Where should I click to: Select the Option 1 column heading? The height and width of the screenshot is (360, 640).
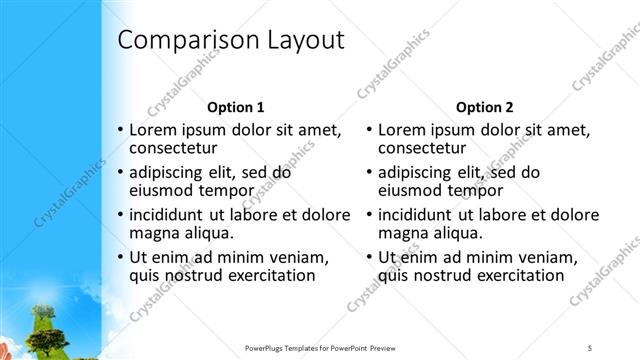tap(235, 106)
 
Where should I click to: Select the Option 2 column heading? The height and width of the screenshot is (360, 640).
tap(484, 106)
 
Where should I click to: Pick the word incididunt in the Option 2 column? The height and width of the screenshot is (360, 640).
tap(417, 214)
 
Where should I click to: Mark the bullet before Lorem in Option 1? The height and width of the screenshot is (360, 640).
tap(121, 130)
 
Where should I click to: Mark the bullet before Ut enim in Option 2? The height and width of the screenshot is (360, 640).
tap(370, 257)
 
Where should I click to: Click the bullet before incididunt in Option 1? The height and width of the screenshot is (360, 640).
tap(121, 214)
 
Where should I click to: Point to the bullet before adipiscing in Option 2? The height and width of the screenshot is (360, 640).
tap(370, 171)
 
